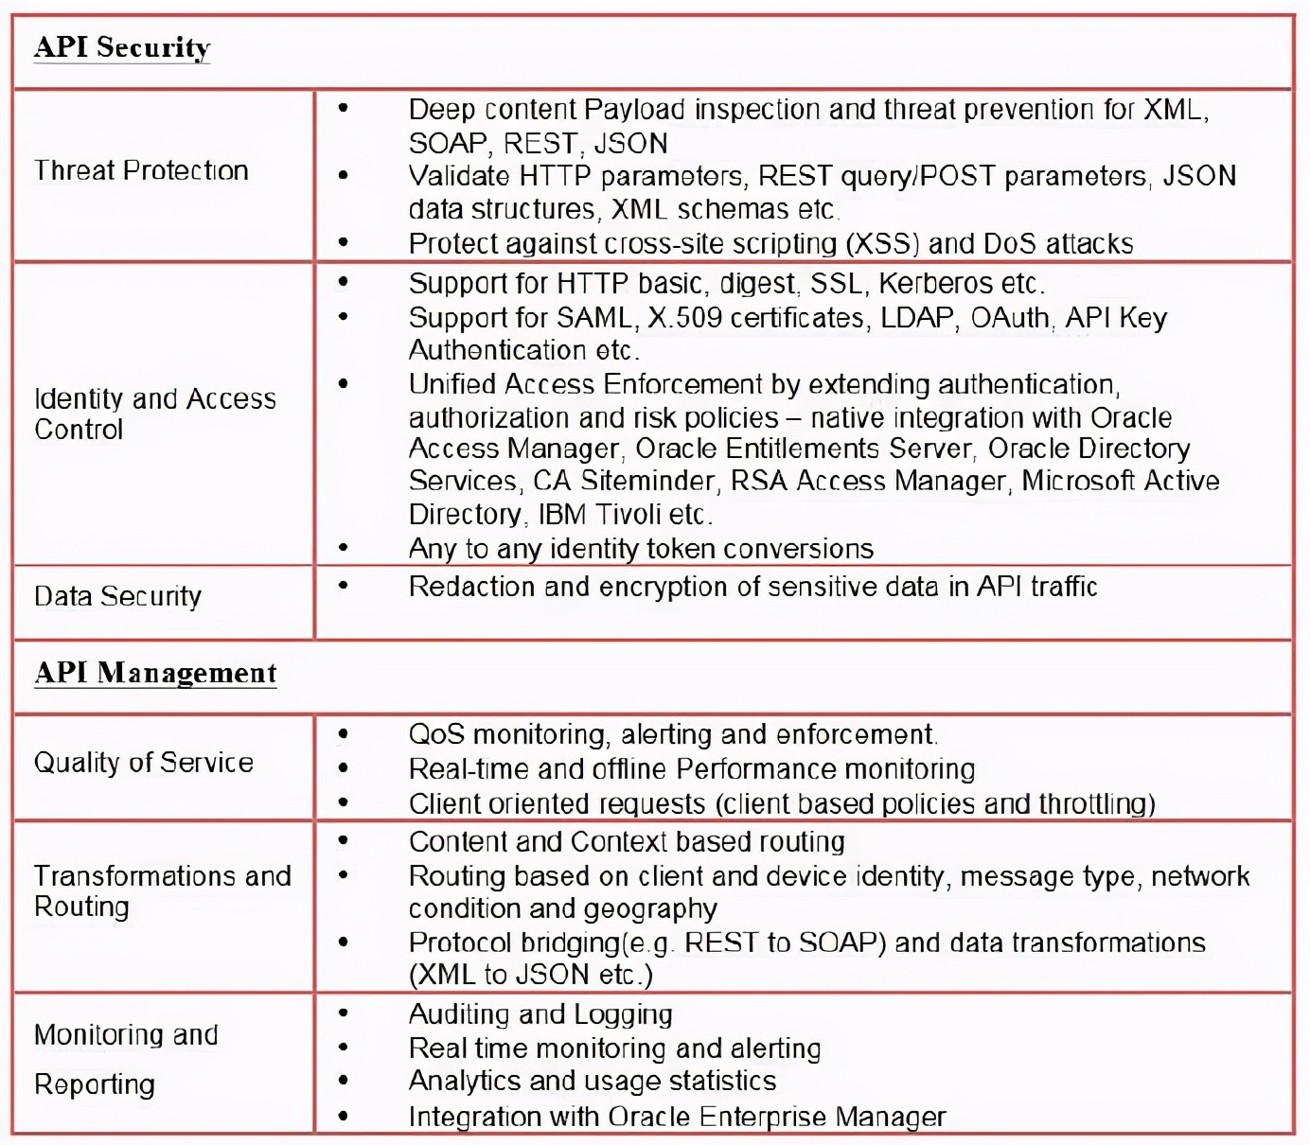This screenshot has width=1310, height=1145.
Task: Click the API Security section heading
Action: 122,47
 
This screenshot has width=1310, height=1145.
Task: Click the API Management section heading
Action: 155,673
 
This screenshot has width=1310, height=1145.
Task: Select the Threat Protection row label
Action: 141,170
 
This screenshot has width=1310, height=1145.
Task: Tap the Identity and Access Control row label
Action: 154,414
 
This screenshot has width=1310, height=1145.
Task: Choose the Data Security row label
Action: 117,596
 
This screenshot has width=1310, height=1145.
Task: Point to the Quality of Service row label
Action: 143,763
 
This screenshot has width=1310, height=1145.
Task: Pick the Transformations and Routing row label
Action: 162,890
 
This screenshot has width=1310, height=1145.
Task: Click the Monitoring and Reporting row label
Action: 125,1059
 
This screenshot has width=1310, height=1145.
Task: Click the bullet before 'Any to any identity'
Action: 343,548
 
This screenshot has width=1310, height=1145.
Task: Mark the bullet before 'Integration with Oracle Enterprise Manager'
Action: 343,1117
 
